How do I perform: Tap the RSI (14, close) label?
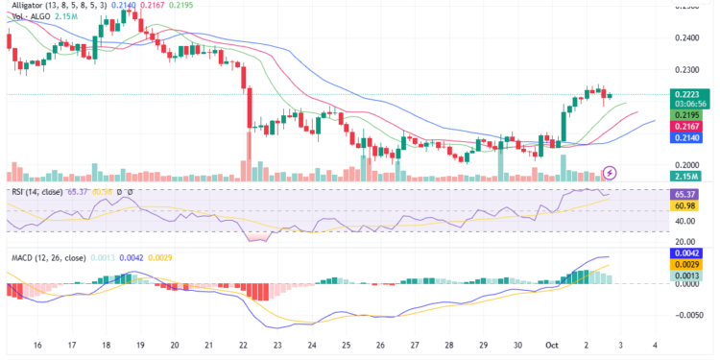37,192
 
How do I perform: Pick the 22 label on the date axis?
243,344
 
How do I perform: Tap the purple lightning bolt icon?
610,172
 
